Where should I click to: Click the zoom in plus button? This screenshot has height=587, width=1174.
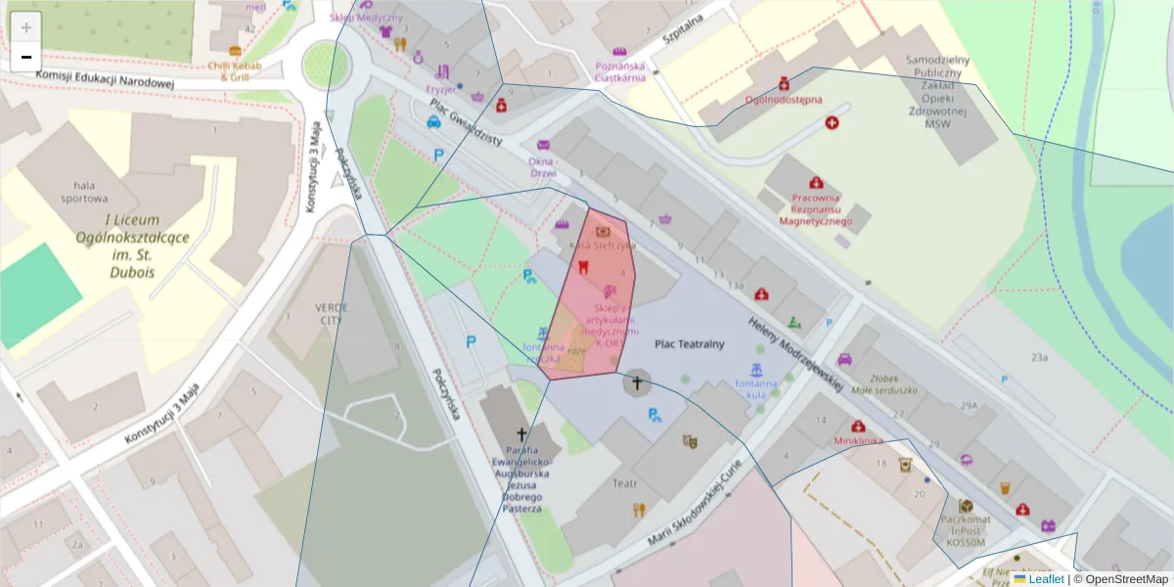tap(26, 27)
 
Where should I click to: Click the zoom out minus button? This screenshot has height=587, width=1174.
tap(26, 57)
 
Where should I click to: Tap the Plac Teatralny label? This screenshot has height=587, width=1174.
tap(690, 343)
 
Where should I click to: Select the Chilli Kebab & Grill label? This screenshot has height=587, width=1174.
tap(235, 70)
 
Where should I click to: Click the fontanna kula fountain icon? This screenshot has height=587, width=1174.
tap(755, 371)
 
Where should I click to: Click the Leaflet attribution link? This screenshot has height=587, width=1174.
tap(1046, 579)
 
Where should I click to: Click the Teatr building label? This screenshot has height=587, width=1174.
tap(625, 483)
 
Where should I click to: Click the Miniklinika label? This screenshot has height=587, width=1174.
tap(858, 440)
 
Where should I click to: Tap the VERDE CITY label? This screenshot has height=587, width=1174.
tap(331, 313)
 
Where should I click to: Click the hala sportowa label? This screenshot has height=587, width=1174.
tap(83, 191)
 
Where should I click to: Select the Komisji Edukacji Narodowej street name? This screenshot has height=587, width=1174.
tap(105, 81)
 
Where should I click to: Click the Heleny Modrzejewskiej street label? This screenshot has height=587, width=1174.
tap(794, 352)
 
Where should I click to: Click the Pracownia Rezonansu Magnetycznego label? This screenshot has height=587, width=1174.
tap(815, 207)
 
